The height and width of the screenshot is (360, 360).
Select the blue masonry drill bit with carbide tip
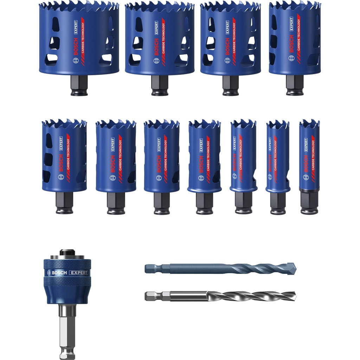click(x=225, y=269)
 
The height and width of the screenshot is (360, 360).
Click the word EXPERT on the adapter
click(x=78, y=272)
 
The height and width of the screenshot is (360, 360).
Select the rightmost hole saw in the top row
click(x=295, y=39)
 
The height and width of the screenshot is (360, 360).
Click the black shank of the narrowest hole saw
click(x=309, y=202)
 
